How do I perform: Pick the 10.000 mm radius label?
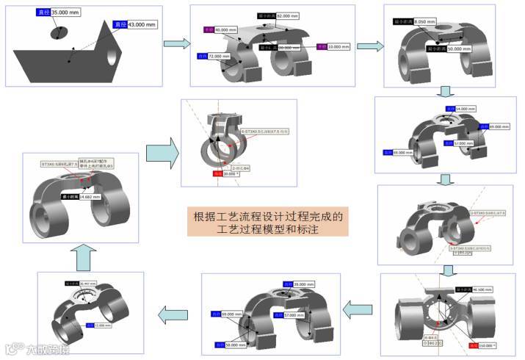point(338,46)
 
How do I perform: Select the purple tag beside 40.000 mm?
point(208,30)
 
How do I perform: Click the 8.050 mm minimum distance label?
point(426,22)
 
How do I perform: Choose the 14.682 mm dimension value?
point(90,197)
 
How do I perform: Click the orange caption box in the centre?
point(267,223)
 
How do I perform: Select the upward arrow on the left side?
point(82,255)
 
